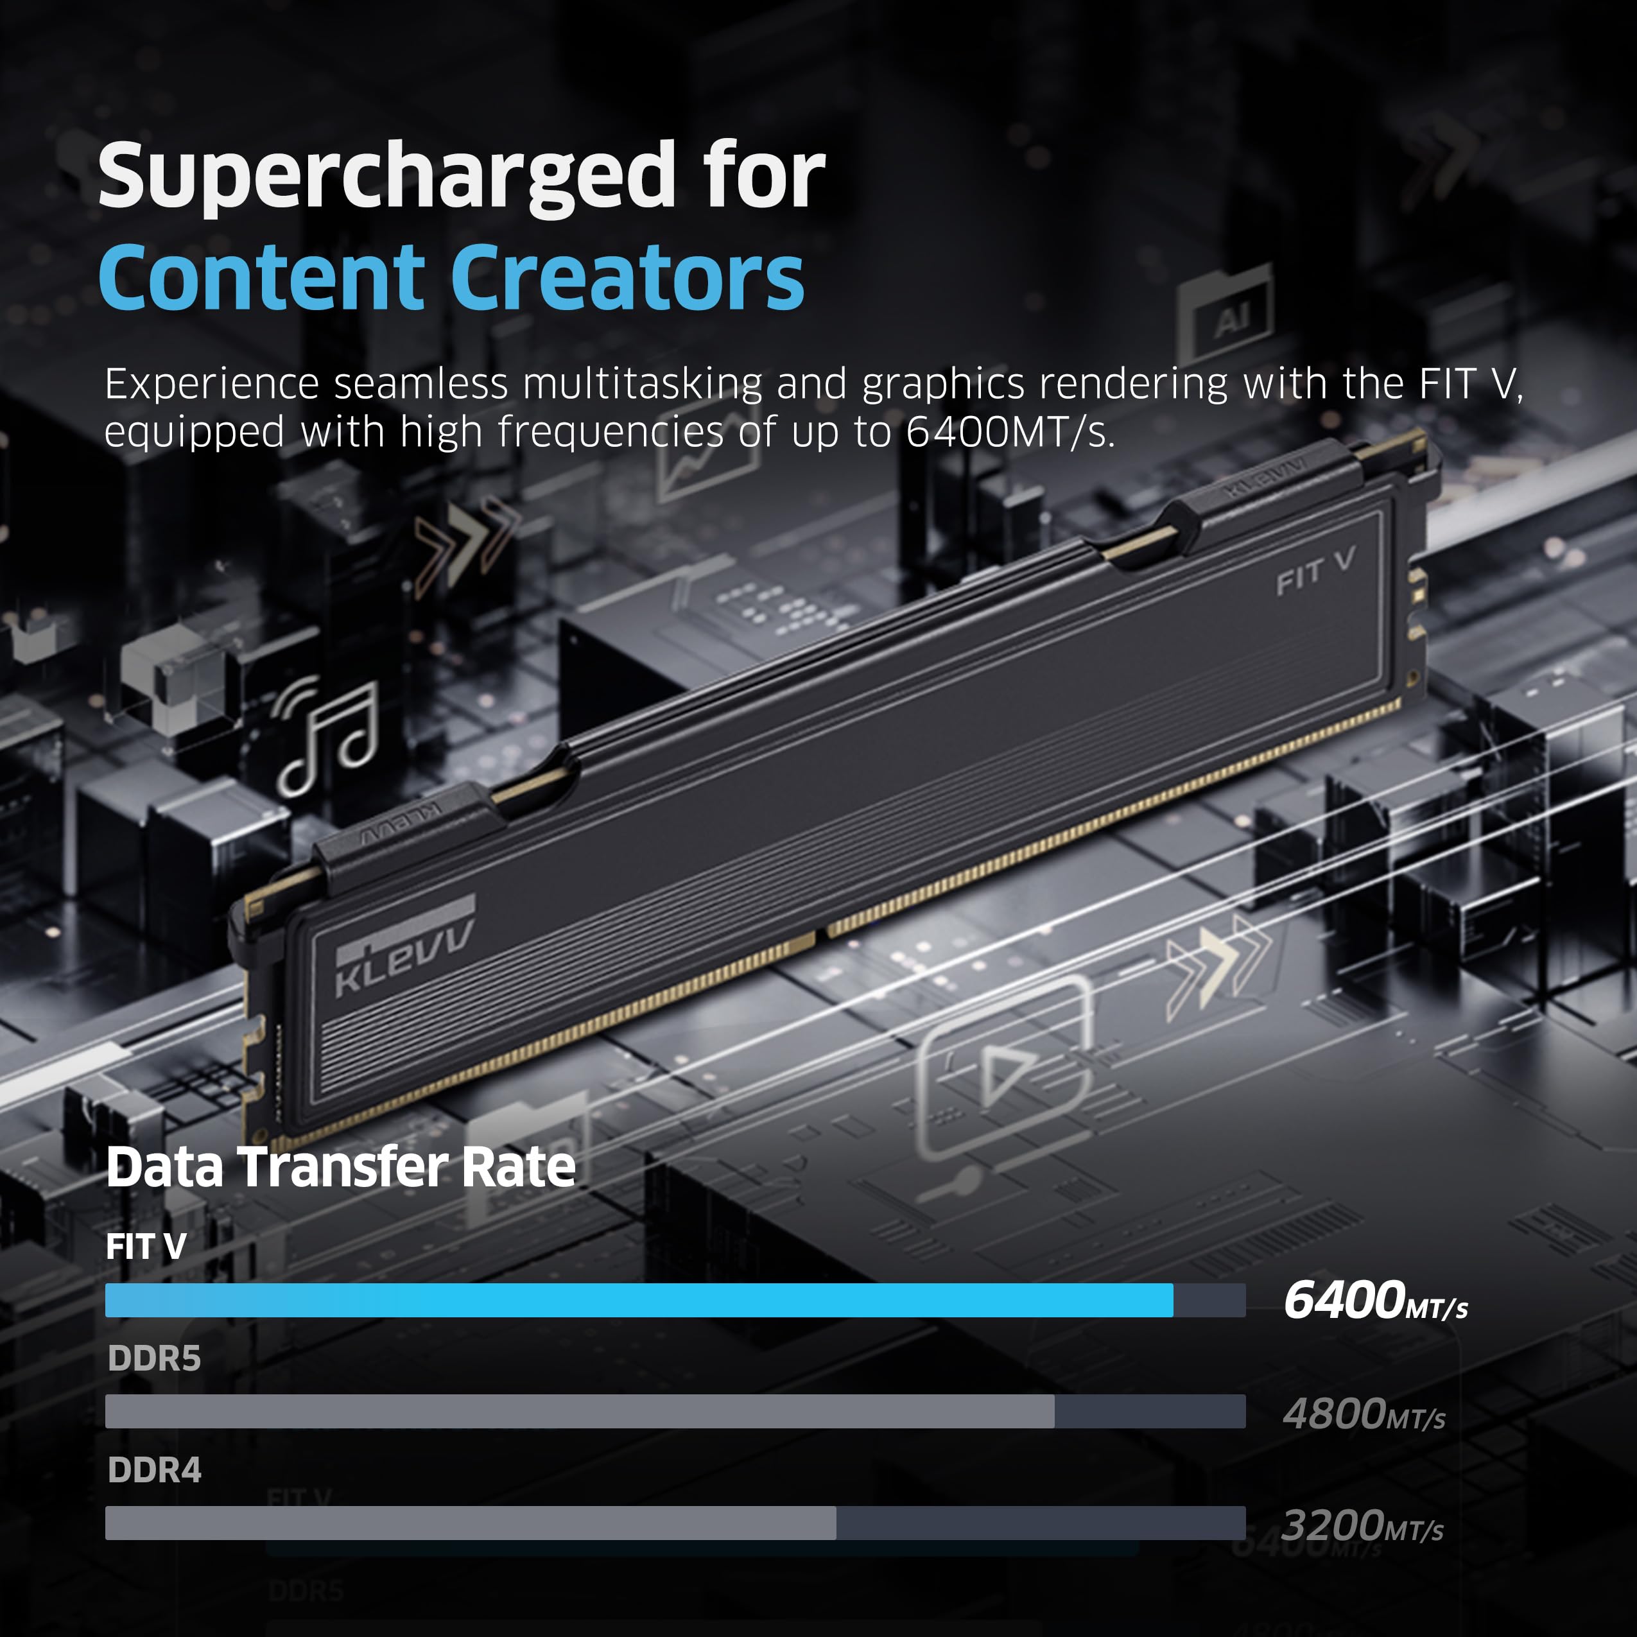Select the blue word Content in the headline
click(x=261, y=277)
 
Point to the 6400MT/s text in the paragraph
click(x=1010, y=432)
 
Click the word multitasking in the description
click(x=642, y=384)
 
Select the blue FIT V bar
click(x=639, y=1300)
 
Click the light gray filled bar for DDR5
click(x=580, y=1412)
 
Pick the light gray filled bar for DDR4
click(x=471, y=1523)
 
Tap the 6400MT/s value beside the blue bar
click(x=1376, y=1301)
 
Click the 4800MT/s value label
click(x=1364, y=1414)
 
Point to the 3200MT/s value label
click(x=1362, y=1525)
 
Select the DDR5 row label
click(x=154, y=1358)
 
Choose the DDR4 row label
click(x=154, y=1470)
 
